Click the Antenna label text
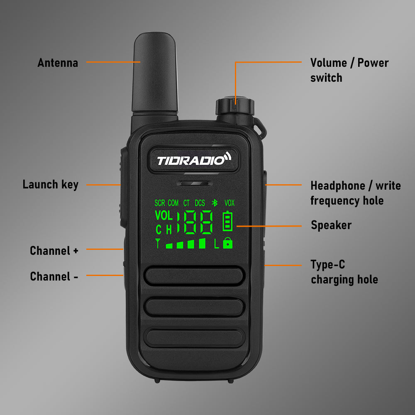(58, 63)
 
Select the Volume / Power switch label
(349, 70)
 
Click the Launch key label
(50, 185)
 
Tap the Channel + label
(54, 251)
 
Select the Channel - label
(54, 276)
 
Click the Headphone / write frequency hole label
(355, 193)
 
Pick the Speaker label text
(331, 225)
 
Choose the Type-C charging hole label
(344, 272)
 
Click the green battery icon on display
(228, 221)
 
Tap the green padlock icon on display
(228, 243)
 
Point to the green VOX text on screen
(229, 203)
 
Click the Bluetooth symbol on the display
(215, 203)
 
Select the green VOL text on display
(164, 216)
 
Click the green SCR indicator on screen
(160, 203)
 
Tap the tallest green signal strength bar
(202, 243)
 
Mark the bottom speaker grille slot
(194, 337)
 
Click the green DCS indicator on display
(200, 203)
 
